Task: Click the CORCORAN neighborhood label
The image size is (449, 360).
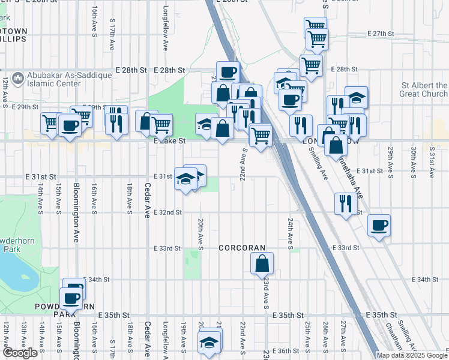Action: coord(242,247)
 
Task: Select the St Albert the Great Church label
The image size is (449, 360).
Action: coord(424,89)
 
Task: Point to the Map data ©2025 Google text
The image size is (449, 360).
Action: coord(412,355)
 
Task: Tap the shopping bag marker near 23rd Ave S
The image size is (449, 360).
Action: coord(262,263)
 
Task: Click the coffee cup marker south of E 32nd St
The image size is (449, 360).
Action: coord(379,226)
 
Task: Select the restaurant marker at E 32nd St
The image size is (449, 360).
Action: coord(344,203)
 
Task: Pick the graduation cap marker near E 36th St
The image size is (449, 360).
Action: coord(209,343)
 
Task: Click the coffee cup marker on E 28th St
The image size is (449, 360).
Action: coord(228,73)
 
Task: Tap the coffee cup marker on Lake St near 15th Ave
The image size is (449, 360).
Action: coord(70,125)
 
